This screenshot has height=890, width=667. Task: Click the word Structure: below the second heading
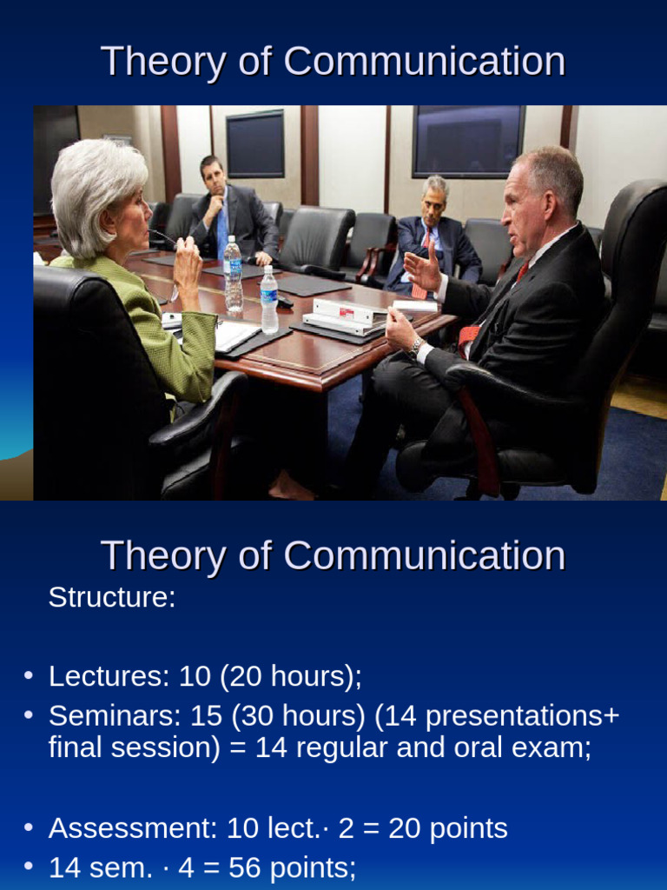point(112,598)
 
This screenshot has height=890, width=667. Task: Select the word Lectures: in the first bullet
point(109,676)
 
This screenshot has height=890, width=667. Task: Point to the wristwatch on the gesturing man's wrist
point(416,347)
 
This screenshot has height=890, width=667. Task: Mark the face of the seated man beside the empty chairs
point(433,202)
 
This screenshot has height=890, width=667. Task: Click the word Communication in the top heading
point(424,63)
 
